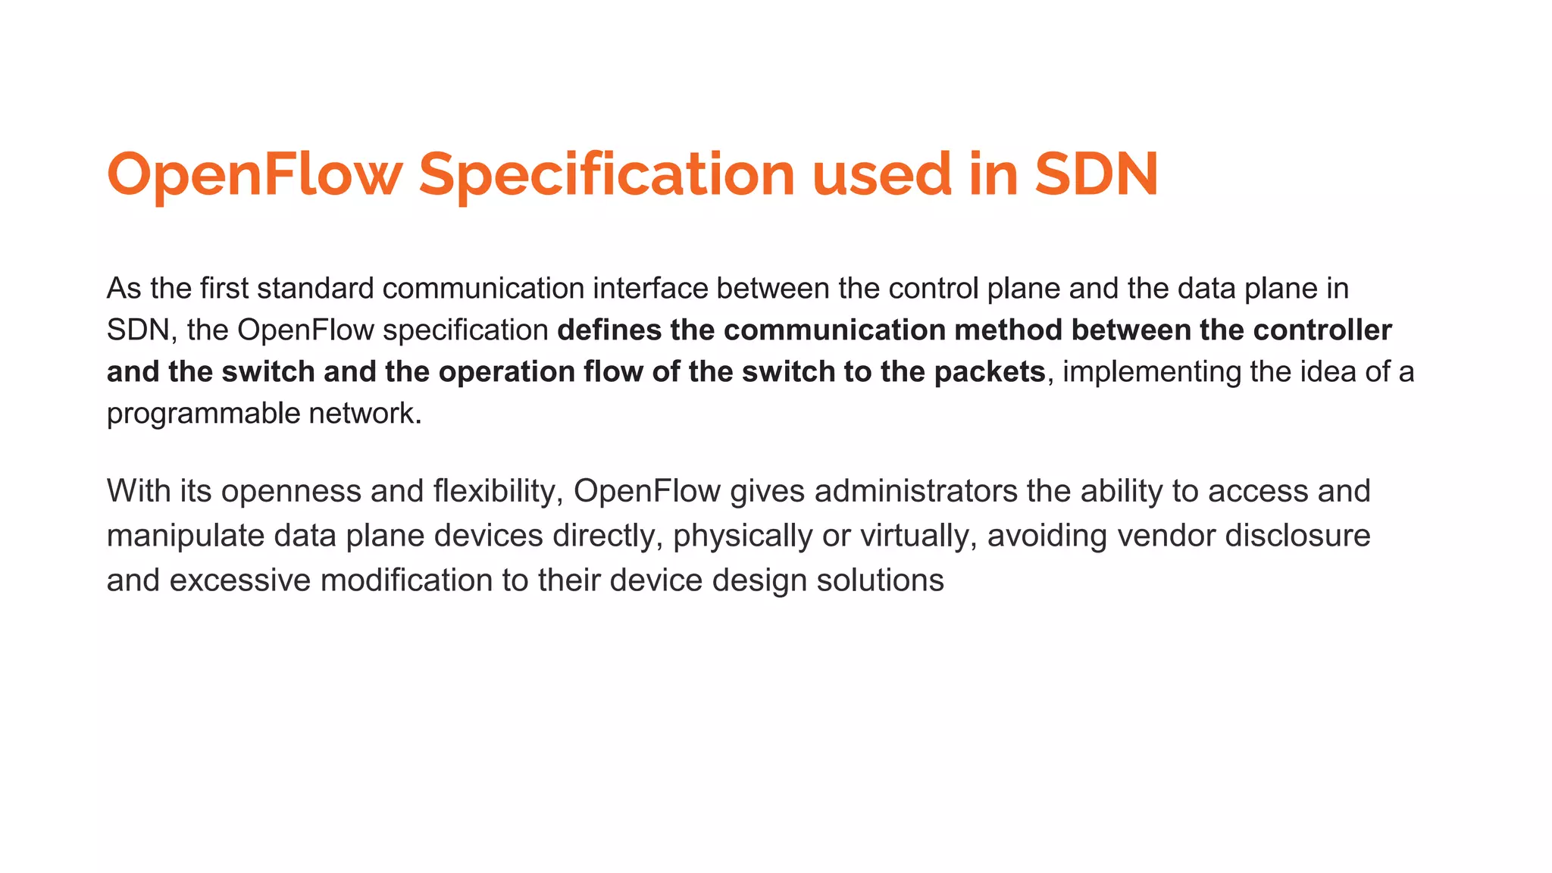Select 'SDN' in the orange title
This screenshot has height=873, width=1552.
(1097, 174)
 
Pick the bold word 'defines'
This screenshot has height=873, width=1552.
(609, 330)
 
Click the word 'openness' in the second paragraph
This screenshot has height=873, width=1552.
(291, 491)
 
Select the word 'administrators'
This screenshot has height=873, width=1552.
(916, 491)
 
